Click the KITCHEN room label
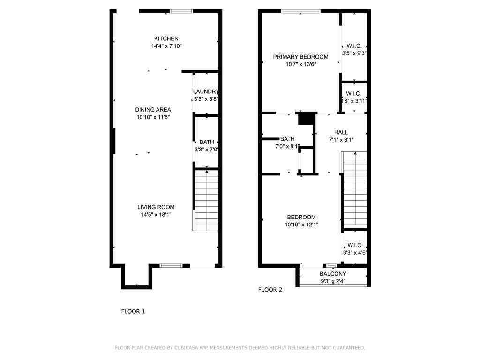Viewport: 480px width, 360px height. pos(166,38)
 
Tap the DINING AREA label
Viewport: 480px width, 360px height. pos(153,110)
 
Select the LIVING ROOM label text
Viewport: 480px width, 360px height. pos(156,207)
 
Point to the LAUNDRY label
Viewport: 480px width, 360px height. pos(206,91)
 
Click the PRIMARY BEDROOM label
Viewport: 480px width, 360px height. pos(300,57)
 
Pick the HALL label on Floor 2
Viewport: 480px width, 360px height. pos(341,132)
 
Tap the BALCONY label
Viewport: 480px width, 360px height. pos(333,274)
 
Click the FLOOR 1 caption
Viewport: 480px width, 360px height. pos(133,311)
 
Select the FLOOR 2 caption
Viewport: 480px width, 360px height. pos(270,290)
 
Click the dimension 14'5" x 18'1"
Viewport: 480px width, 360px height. pos(156,215)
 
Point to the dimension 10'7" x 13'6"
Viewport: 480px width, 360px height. pos(300,64)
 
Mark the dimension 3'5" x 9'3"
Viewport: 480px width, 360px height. pos(354,53)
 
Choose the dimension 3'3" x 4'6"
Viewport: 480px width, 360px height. pos(355,253)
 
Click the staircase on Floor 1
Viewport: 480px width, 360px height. pos(206,201)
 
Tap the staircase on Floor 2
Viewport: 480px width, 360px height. pos(355,189)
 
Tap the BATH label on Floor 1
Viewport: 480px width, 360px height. pos(207,142)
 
